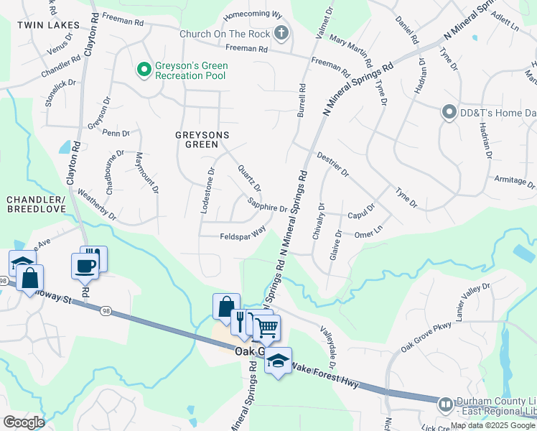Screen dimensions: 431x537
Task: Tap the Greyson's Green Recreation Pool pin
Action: point(144,69)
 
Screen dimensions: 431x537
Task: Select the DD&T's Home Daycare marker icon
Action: point(449,111)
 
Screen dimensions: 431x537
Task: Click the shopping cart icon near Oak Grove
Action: point(266,328)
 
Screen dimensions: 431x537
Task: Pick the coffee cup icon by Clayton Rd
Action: point(84,265)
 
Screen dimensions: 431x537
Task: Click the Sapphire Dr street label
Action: point(268,205)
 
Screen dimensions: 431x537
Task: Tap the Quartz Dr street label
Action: point(249,177)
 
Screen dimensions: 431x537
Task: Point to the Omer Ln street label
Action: point(368,233)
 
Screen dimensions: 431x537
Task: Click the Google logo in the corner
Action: point(23,422)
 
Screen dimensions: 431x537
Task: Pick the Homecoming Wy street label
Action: point(252,14)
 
